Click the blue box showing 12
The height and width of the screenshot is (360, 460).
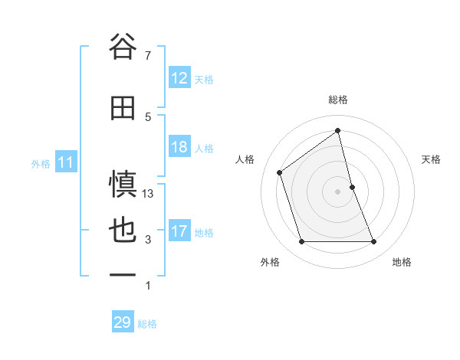pos(179,78)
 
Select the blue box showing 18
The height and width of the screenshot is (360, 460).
pos(179,147)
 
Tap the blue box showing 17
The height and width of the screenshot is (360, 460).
pos(179,231)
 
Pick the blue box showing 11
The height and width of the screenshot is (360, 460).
pos(66,162)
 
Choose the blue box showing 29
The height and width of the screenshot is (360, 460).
pos(123,322)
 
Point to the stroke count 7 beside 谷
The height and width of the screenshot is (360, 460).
pos(147,55)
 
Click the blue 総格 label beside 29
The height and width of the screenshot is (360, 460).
pos(147,324)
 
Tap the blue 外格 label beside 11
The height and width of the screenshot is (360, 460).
pos(41,163)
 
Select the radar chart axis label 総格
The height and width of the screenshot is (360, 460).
pos(337,100)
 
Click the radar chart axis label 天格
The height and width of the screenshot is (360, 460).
pos(432,159)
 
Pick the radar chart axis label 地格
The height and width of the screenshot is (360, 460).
pos(402,262)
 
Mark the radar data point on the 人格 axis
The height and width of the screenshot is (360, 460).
pos(280,172)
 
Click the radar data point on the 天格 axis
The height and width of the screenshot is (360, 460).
pos(352,187)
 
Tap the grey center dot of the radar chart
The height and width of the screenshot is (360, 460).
pos(337,191)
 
